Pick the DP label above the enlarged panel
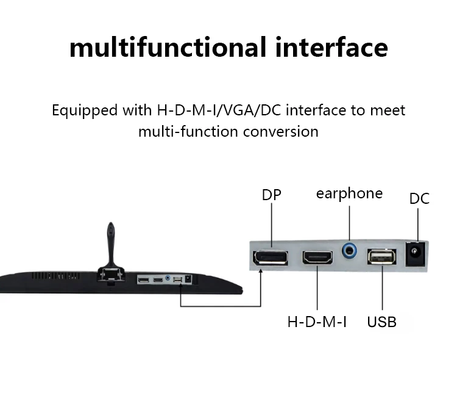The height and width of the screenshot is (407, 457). click(x=271, y=195)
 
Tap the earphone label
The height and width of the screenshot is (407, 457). click(x=349, y=193)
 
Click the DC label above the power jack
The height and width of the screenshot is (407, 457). click(x=419, y=198)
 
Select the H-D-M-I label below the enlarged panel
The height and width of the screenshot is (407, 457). click(x=317, y=321)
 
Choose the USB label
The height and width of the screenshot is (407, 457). click(x=381, y=321)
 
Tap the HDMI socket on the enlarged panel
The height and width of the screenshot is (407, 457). click(x=317, y=257)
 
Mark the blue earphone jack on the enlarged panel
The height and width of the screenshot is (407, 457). click(x=350, y=249)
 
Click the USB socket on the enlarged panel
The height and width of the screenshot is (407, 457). click(x=382, y=256)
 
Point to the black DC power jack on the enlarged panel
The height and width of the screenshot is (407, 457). click(x=416, y=253)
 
